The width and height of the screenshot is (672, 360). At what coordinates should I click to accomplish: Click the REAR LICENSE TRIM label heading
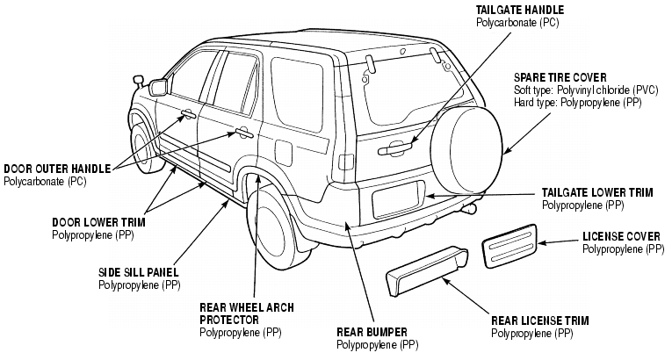coord(540,321)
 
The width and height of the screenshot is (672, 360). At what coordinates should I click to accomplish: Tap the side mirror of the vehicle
coord(160,86)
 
